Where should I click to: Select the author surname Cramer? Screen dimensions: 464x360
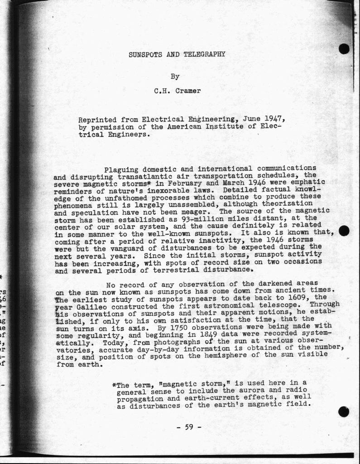tap(187, 91)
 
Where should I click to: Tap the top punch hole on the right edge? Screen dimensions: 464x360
tap(344, 48)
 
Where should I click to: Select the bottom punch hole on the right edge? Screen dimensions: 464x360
tap(344, 411)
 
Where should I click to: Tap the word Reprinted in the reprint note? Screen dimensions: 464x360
tap(97, 120)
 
